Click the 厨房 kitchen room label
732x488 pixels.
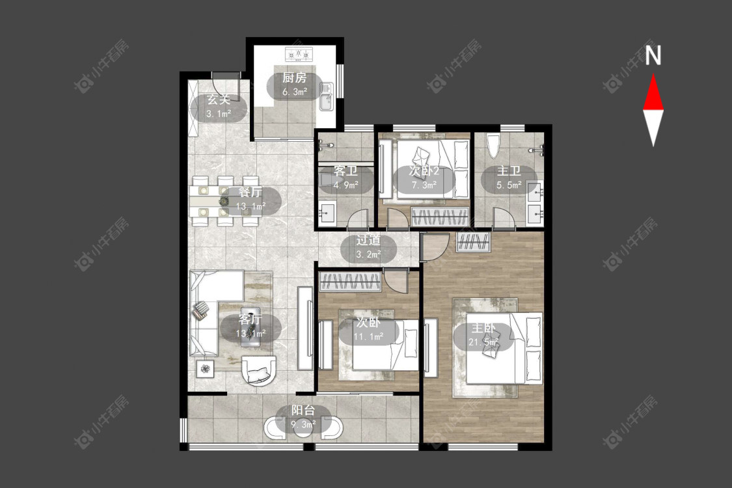294,77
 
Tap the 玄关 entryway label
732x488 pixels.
219,100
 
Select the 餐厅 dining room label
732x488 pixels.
251,192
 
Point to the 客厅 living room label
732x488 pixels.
250,319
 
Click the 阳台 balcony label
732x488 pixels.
303,411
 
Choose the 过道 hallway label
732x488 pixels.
368,241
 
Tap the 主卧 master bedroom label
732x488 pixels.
483,328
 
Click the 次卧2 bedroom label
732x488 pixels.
424,171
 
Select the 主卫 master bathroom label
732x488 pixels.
508,171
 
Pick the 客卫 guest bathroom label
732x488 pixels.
346,171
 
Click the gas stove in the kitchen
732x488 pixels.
298,55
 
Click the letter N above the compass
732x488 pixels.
653,55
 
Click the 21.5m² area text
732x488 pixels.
484,342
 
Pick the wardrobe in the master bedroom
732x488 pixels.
474,242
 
